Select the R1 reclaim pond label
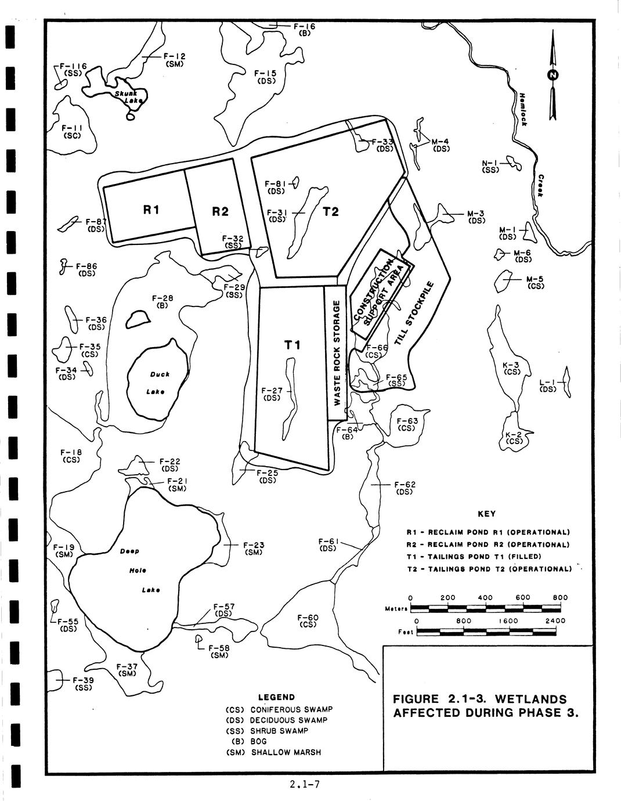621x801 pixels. (151, 209)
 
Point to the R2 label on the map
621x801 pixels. (220, 212)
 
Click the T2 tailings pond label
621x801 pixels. (330, 211)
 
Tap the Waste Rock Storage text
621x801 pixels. (337, 353)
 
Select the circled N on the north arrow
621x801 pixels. (553, 75)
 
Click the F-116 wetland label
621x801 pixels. (74, 66)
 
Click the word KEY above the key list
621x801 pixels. (486, 514)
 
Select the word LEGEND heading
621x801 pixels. (276, 697)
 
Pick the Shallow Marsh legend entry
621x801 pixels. (286, 753)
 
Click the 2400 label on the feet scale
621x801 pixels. (555, 620)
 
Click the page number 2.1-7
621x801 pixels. (305, 785)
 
